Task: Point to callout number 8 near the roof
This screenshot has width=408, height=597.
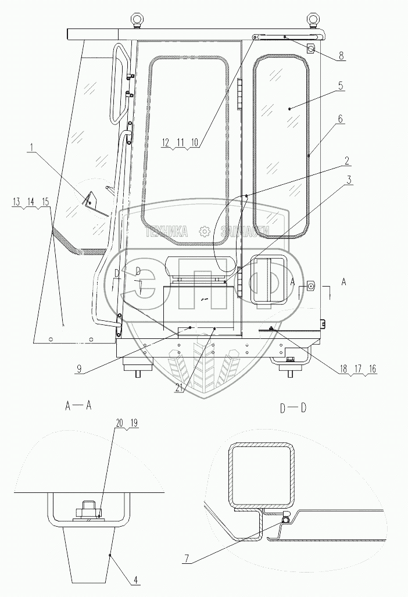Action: tap(341, 56)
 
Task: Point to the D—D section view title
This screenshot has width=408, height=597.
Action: tap(292, 407)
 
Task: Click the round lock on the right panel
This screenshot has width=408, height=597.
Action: tap(311, 286)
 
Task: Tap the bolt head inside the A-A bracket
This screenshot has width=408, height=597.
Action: tap(89, 505)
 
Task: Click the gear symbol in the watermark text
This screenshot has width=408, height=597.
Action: tap(204, 231)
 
